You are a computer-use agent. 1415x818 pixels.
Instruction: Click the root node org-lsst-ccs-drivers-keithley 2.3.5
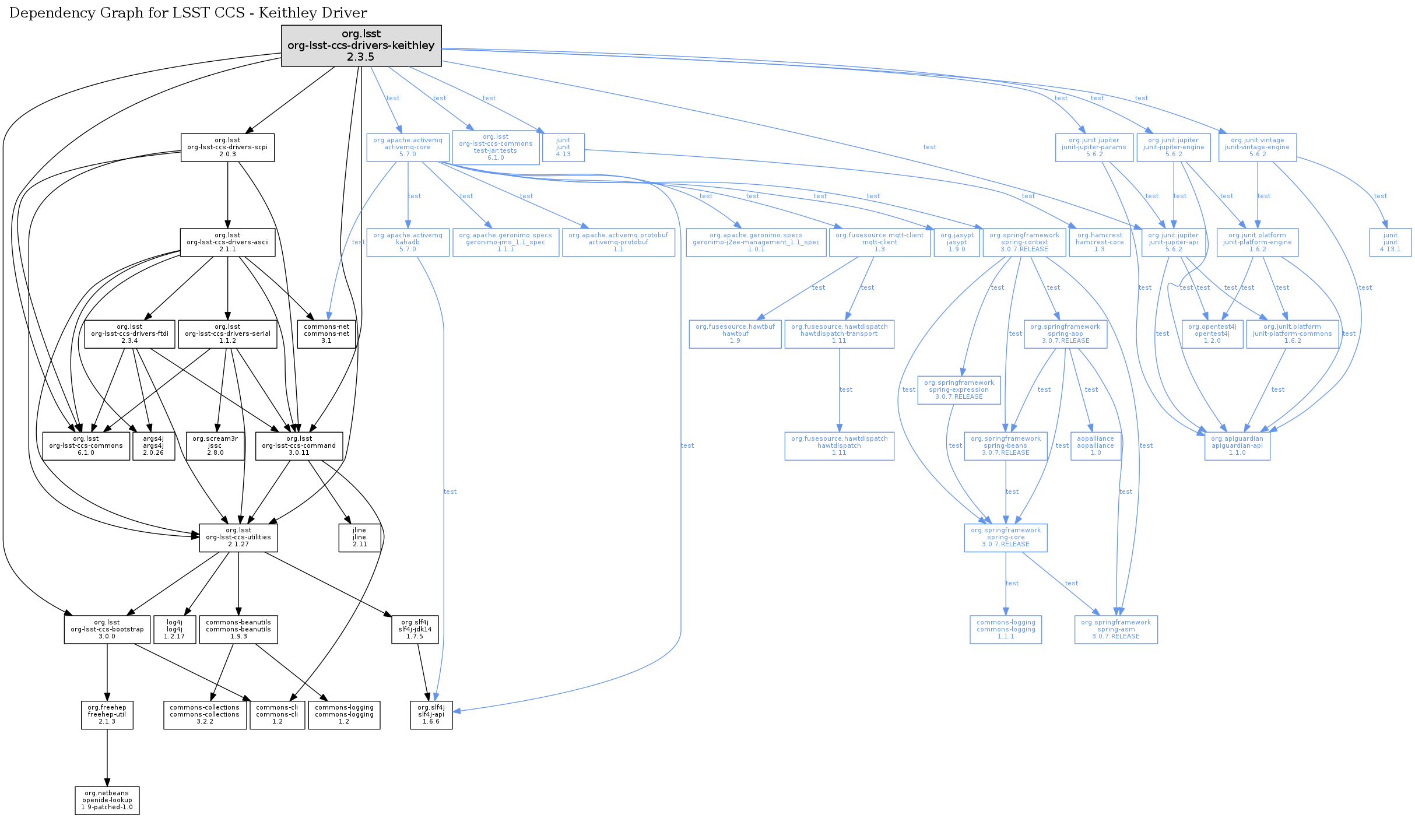361,45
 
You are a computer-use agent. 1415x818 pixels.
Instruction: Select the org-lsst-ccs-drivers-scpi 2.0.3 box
227,148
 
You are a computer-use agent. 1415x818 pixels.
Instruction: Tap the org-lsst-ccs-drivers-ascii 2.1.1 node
227,242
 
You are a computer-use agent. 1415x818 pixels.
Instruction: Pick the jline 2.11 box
360,538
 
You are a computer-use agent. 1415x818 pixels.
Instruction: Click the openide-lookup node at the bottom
107,801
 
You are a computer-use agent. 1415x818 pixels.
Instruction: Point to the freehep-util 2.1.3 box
107,715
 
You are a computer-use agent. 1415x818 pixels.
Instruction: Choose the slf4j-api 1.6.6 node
431,715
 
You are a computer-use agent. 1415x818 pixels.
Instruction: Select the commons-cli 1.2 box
277,715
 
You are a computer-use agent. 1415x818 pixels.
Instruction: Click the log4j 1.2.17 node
174,630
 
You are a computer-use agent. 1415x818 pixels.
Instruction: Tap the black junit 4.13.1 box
1391,242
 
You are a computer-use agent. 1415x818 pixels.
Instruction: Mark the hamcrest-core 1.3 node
1100,242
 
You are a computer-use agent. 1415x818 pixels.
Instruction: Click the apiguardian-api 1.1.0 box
1237,446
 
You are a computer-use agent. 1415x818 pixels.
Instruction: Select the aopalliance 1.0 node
1096,446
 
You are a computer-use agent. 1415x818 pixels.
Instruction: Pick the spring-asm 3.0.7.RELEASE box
1116,630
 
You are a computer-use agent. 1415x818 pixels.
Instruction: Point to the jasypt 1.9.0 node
957,242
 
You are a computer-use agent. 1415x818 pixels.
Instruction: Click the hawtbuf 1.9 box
735,334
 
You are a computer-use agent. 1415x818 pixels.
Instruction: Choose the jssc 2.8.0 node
215,446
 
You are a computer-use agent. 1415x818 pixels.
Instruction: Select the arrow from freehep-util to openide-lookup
107,758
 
